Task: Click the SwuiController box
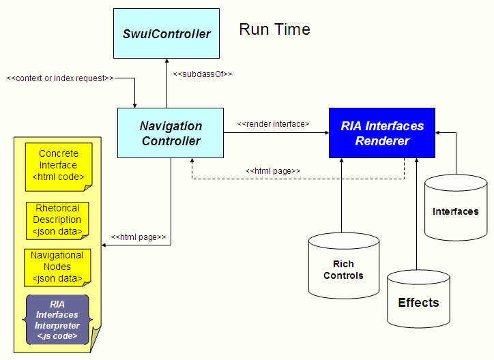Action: (166, 33)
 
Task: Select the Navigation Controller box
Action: (171, 134)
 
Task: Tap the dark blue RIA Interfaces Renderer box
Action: (382, 134)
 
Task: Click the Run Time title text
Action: (274, 29)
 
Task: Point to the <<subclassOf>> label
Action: (203, 74)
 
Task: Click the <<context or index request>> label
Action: (60, 78)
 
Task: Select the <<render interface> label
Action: (273, 124)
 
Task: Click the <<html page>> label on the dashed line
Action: (273, 170)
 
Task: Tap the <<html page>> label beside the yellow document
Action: (139, 237)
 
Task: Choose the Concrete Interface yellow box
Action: (58, 166)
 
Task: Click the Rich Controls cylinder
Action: (343, 269)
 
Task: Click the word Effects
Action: (418, 303)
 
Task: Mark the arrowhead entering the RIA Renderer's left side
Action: (325, 134)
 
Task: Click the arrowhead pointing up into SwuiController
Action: (166, 61)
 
